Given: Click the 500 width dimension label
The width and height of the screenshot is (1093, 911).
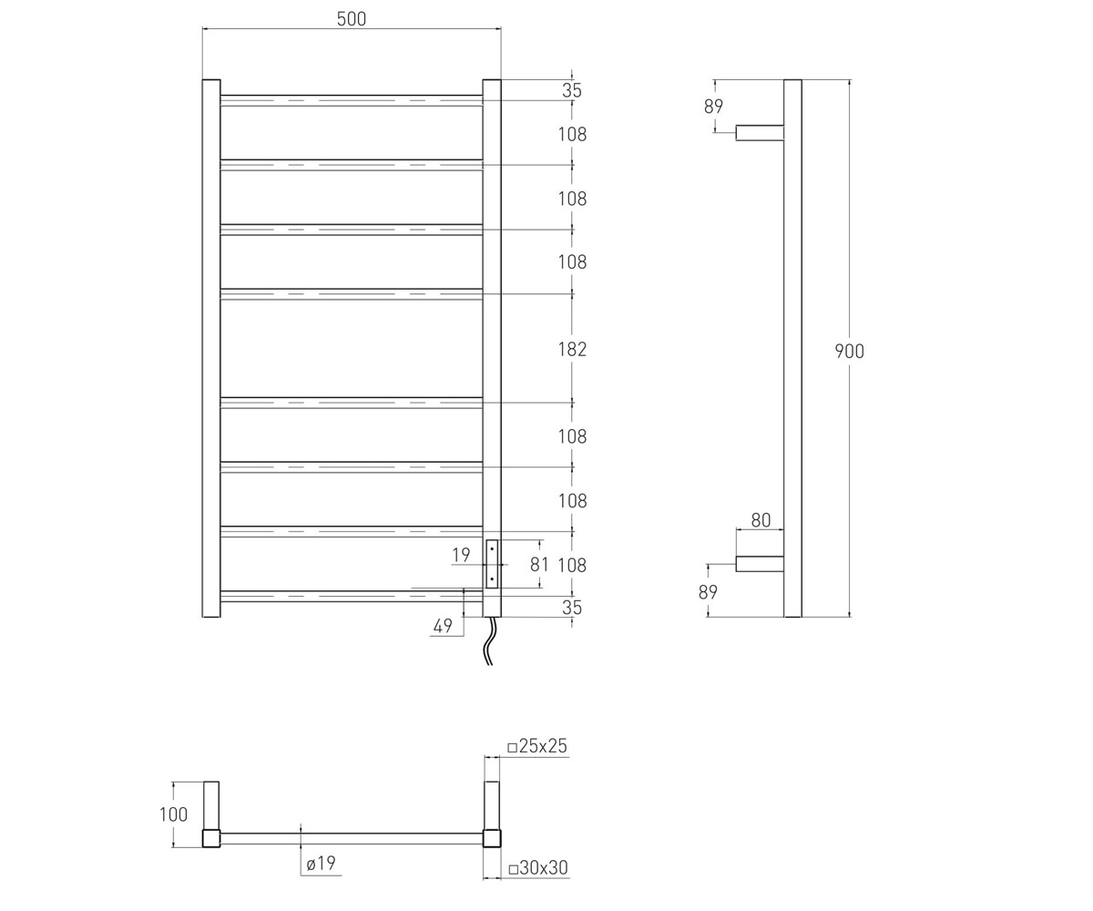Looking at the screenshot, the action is (x=352, y=19).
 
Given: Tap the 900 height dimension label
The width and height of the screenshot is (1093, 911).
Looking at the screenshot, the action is (x=849, y=351).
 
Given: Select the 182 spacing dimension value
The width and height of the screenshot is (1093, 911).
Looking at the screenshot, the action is (x=572, y=349).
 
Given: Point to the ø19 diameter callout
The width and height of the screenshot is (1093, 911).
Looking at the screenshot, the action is (x=321, y=863).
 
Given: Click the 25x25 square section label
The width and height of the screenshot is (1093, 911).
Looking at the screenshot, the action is (x=537, y=746).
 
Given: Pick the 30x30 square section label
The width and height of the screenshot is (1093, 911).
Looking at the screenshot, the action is (x=538, y=867).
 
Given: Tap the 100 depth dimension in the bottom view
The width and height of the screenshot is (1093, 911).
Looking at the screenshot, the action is (x=173, y=814).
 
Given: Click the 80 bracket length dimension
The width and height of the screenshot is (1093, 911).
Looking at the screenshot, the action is (x=761, y=520).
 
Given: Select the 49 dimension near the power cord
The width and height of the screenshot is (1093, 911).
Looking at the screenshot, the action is (x=443, y=626).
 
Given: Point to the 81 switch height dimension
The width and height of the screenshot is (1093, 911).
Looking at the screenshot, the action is (x=539, y=565).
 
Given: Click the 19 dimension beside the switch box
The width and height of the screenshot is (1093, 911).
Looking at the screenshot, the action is (x=461, y=555).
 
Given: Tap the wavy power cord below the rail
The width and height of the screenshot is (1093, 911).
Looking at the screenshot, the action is (x=489, y=640).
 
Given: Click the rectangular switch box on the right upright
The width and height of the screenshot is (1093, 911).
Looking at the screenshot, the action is (x=492, y=565).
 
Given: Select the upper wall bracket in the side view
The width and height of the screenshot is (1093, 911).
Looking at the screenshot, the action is (x=760, y=132).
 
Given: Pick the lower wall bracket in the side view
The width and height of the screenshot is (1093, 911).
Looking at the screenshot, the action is (x=760, y=564).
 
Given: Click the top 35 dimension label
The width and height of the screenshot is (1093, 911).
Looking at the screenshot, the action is (x=572, y=90).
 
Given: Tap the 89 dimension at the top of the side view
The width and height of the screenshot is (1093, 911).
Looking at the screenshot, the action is (x=713, y=107).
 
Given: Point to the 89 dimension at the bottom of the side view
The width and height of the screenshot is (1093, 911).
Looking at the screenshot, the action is (x=708, y=592).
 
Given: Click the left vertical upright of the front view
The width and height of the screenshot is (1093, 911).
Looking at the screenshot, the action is (x=211, y=348).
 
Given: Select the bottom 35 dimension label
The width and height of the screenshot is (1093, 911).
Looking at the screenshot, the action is (x=572, y=608).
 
